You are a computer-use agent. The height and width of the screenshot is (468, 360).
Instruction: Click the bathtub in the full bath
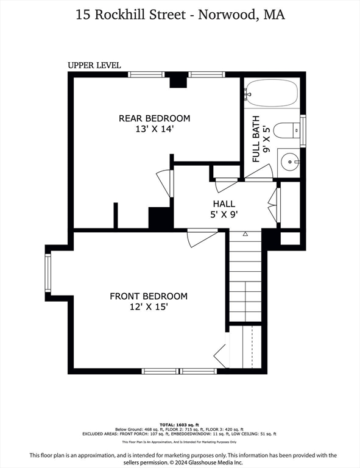272,94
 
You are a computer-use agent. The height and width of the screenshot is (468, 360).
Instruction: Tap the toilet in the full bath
285,130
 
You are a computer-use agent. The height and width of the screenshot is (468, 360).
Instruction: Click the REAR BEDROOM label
154,118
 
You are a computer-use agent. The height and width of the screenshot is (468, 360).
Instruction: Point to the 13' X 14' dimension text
154,129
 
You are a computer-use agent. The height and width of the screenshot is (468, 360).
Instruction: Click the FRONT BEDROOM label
149,296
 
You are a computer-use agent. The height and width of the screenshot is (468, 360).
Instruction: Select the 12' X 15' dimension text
148,307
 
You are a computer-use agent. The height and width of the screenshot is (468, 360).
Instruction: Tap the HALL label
224,204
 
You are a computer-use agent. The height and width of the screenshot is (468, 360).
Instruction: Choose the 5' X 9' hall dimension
224,214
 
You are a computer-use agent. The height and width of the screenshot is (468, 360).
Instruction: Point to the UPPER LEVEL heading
94,65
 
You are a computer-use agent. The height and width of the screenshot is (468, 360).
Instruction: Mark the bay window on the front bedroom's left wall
48,273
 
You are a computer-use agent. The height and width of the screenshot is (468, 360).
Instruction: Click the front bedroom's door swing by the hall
200,236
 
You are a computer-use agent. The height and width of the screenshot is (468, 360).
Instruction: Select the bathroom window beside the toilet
303,130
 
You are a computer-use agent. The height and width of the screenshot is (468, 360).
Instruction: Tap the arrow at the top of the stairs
245,234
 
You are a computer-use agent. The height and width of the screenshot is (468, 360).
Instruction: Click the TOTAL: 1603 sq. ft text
180,424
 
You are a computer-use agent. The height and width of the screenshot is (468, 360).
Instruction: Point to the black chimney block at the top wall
177,80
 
